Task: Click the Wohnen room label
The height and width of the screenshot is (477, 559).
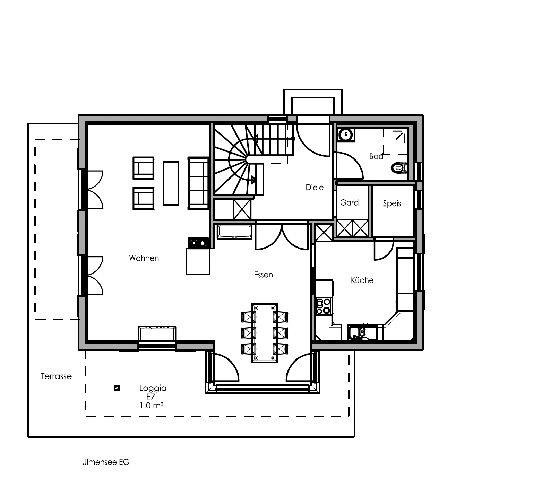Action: tap(144, 258)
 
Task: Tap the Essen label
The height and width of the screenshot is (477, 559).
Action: tap(264, 275)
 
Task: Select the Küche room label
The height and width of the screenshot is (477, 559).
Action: tap(362, 280)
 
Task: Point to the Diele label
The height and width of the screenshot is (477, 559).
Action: tap(315, 188)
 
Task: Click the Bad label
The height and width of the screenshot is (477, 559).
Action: tap(376, 157)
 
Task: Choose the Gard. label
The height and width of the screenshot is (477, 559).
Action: tap(350, 203)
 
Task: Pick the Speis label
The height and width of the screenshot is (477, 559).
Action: tap(392, 204)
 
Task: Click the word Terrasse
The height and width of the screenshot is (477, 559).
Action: tap(57, 376)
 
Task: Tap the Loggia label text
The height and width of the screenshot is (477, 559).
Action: tap(153, 388)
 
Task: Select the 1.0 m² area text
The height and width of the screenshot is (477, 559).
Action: tap(152, 405)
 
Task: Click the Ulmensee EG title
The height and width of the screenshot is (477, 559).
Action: tap(106, 462)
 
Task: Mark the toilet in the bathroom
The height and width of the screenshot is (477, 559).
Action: tap(399, 168)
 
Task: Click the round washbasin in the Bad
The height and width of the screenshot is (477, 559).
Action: tap(346, 135)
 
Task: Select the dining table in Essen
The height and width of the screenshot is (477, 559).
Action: tap(265, 333)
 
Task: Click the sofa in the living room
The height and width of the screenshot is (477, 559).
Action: tap(198, 183)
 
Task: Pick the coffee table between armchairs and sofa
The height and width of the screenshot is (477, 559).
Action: tap(171, 183)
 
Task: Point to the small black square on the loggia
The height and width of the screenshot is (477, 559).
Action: tap(117, 388)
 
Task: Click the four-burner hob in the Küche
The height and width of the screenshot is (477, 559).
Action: tap(324, 306)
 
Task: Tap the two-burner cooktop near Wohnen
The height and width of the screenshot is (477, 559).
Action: tap(198, 243)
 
